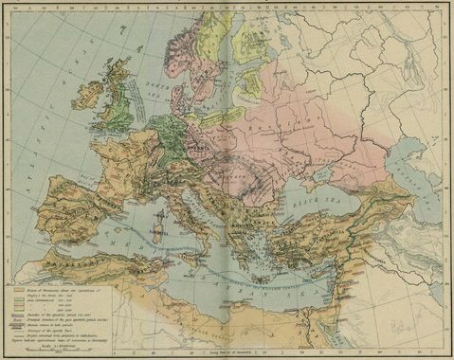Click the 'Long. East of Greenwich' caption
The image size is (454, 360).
(231, 353)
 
